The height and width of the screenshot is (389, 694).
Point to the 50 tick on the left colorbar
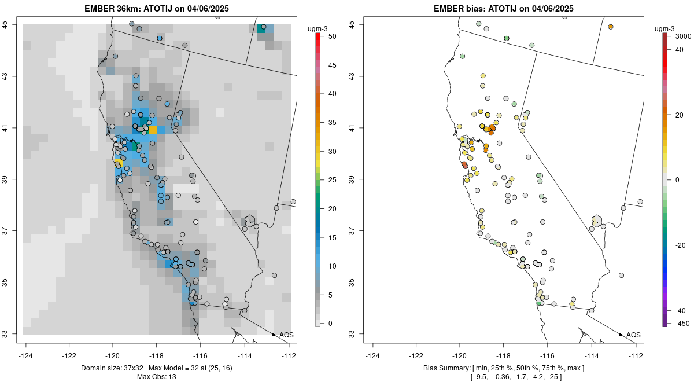coord(328,36)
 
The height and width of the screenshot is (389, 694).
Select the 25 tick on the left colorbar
coord(328,179)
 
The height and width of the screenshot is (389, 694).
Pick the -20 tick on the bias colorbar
coord(678,245)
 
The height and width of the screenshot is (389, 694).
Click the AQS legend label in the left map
coord(286,335)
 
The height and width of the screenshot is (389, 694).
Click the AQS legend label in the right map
coord(633,335)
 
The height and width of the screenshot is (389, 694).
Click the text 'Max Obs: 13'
coord(156,377)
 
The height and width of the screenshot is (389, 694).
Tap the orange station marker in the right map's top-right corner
coord(610,27)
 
